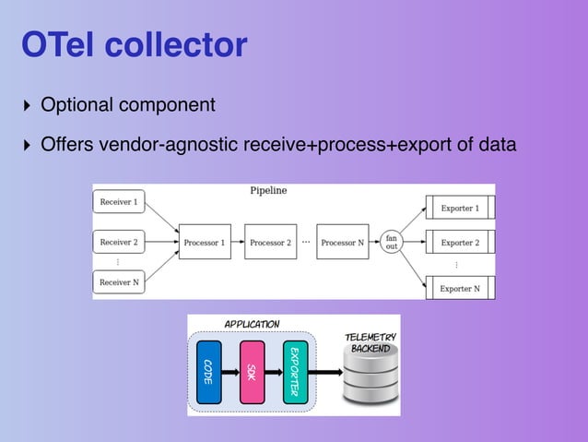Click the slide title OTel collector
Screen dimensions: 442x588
tap(135, 43)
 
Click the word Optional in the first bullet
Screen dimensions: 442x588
tap(76, 105)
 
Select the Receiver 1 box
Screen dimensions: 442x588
tap(120, 201)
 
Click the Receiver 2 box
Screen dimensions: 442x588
tap(120, 243)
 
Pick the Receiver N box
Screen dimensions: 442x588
tap(120, 281)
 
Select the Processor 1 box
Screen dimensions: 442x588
tap(204, 243)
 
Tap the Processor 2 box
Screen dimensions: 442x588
tap(270, 243)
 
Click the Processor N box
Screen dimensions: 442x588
tap(342, 243)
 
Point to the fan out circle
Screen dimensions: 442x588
tap(392, 243)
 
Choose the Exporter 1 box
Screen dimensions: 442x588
tap(459, 209)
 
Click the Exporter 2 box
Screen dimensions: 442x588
tap(459, 243)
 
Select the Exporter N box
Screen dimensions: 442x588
tap(459, 288)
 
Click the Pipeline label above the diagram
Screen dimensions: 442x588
tap(268, 191)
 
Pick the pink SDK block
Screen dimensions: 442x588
tap(252, 372)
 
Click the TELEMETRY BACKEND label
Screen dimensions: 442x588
tap(370, 343)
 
